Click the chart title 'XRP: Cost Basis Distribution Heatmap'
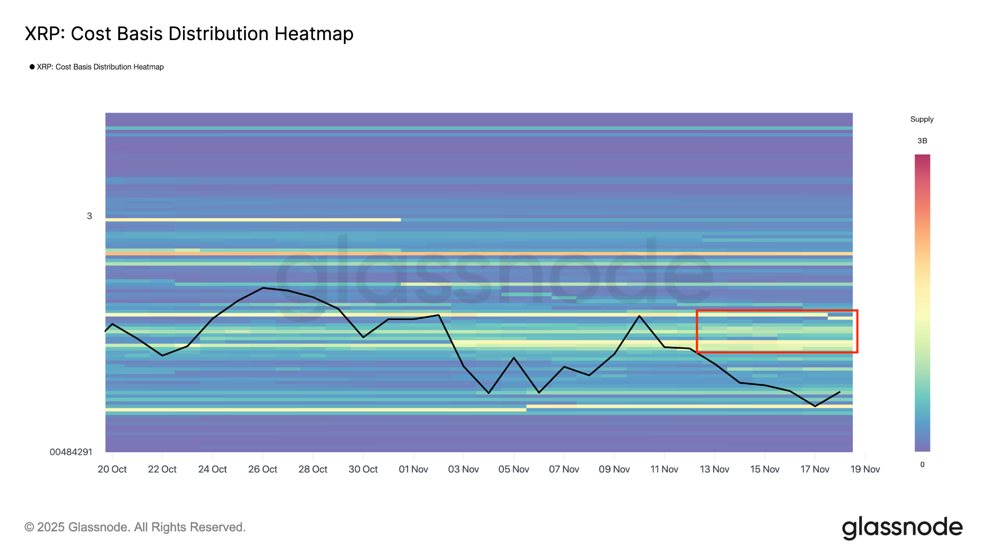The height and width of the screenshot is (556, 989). (x=189, y=34)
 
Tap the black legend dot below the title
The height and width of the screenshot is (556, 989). (x=32, y=67)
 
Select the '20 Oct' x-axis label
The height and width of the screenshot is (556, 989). (x=112, y=469)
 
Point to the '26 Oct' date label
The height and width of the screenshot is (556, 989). (x=263, y=469)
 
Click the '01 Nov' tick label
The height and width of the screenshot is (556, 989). (x=413, y=469)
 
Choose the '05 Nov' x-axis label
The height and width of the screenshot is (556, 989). (x=514, y=469)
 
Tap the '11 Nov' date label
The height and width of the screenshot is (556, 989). (x=664, y=469)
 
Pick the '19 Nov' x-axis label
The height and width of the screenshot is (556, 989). (x=865, y=469)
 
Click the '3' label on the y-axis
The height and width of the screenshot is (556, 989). (x=89, y=216)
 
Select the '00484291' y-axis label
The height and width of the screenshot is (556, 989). (x=71, y=452)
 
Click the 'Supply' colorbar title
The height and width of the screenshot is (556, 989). (x=922, y=119)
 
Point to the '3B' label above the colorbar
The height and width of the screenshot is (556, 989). (x=922, y=141)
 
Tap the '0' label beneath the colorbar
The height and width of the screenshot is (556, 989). (x=922, y=465)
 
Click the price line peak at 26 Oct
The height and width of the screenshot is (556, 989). (x=263, y=288)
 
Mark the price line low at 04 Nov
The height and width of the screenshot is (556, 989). (x=489, y=393)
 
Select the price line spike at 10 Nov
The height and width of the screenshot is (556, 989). (x=639, y=316)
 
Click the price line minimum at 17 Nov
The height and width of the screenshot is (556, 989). (x=815, y=406)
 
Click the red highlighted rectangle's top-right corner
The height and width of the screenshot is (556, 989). (x=857, y=310)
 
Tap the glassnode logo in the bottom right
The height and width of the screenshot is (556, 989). (x=902, y=528)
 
